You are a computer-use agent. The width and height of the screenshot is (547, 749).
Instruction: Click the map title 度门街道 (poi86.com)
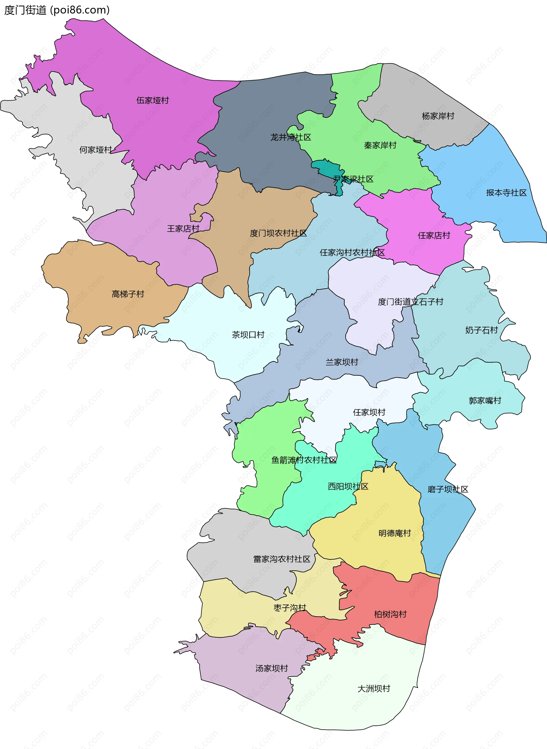click(57, 10)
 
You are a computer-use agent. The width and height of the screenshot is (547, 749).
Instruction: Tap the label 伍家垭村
click(153, 100)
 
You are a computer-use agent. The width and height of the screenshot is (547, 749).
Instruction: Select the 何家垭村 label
click(96, 150)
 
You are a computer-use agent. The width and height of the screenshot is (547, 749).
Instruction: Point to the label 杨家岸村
click(438, 116)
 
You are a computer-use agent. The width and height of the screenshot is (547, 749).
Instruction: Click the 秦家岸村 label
click(380, 145)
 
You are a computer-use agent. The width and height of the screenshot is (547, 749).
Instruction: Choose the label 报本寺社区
click(506, 193)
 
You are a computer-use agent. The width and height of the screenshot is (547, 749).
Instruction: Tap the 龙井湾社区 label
click(291, 137)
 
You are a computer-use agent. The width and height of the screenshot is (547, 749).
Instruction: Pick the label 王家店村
click(183, 229)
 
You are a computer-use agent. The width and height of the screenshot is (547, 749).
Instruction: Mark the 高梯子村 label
click(128, 294)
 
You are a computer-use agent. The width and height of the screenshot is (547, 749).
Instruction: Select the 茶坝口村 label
click(248, 335)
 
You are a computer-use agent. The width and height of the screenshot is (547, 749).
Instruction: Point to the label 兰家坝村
click(342, 362)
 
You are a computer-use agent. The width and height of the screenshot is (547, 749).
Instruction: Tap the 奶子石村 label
click(481, 330)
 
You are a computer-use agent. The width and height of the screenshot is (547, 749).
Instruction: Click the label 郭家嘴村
click(485, 401)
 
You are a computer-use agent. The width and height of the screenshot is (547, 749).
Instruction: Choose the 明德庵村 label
click(394, 533)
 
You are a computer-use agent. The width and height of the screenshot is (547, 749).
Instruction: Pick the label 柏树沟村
click(390, 614)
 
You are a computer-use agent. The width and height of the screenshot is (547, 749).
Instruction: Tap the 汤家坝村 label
click(272, 668)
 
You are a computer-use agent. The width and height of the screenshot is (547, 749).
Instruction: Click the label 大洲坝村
click(373, 689)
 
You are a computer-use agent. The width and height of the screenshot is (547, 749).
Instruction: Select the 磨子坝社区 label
click(448, 489)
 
